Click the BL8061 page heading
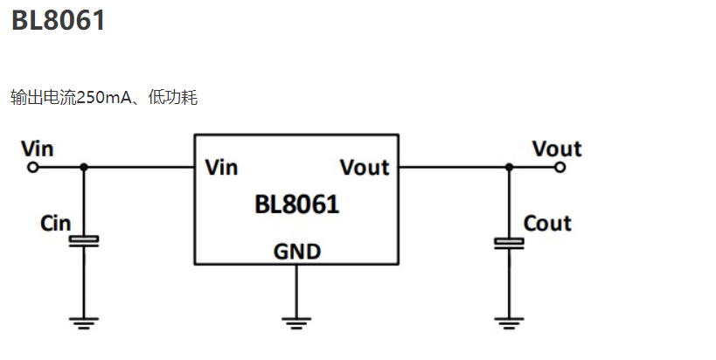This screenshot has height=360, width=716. (x=59, y=20)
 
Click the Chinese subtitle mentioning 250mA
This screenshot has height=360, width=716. (x=104, y=97)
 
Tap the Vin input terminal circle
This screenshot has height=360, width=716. (x=33, y=166)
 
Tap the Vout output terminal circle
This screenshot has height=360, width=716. (x=560, y=166)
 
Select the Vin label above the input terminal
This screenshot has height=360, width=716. (x=37, y=148)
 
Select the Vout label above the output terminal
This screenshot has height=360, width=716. (x=557, y=148)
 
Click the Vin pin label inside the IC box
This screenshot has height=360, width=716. (x=221, y=166)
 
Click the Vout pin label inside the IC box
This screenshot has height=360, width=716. (x=364, y=166)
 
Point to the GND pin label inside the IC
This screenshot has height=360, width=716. (x=297, y=252)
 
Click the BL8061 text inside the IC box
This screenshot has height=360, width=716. (x=297, y=205)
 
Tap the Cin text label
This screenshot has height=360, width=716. (x=56, y=223)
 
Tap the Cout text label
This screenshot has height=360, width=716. (x=547, y=224)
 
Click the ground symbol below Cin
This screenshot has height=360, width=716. (x=84, y=322)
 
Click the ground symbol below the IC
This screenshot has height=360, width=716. (x=297, y=322)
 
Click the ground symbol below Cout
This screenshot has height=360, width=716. (x=508, y=322)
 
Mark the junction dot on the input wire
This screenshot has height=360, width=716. (x=84, y=166)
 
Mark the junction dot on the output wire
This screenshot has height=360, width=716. (x=508, y=166)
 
